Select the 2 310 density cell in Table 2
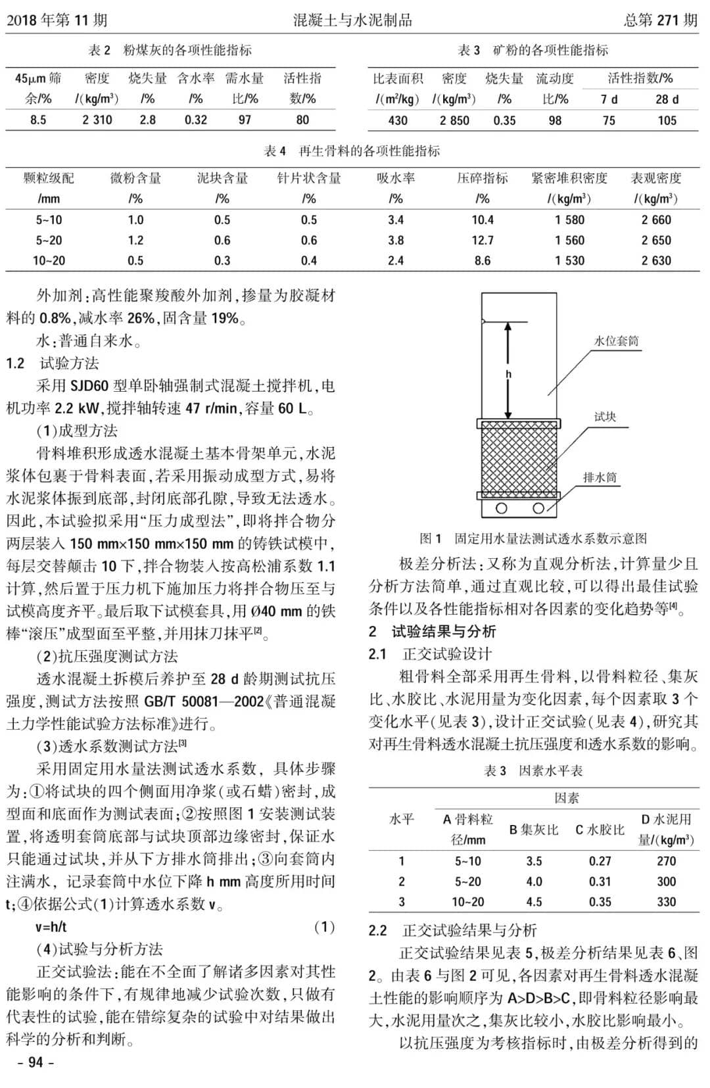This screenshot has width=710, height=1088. [x=97, y=120]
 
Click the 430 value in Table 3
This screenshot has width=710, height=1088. [x=398, y=120]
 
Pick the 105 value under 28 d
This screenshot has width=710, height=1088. [x=667, y=120]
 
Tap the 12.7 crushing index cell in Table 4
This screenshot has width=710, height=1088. [x=483, y=240]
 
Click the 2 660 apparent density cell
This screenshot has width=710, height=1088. [x=656, y=220]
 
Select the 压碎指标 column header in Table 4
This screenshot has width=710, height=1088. [x=483, y=178]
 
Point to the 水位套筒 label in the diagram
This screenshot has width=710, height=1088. [x=616, y=341]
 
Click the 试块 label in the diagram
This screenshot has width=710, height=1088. [x=605, y=416]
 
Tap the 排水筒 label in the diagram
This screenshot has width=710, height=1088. [x=600, y=477]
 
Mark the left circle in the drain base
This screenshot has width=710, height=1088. [x=502, y=508]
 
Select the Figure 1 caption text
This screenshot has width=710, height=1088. [x=533, y=538]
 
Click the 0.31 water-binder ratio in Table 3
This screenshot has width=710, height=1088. [x=600, y=881]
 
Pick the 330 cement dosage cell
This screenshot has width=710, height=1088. [x=666, y=901]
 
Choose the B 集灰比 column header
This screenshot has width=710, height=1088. [x=534, y=830]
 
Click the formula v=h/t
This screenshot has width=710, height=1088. [x=51, y=927]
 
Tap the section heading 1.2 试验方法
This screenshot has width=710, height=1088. [x=53, y=363]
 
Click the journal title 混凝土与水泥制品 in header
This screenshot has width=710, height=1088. [x=352, y=20]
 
